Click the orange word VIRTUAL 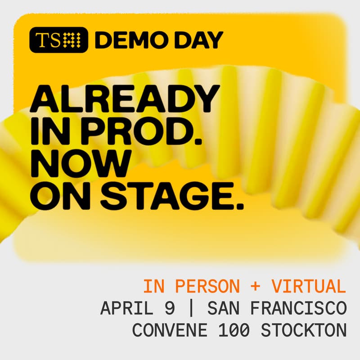308,286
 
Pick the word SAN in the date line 220,309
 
